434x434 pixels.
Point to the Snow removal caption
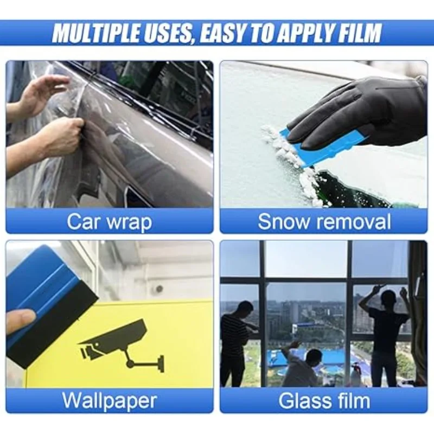(x=324, y=221)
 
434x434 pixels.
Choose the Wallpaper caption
(x=109, y=400)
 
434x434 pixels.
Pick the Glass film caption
(x=324, y=400)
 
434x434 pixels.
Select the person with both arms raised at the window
(x=386, y=331)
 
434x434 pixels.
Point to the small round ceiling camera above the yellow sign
(x=159, y=289)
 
